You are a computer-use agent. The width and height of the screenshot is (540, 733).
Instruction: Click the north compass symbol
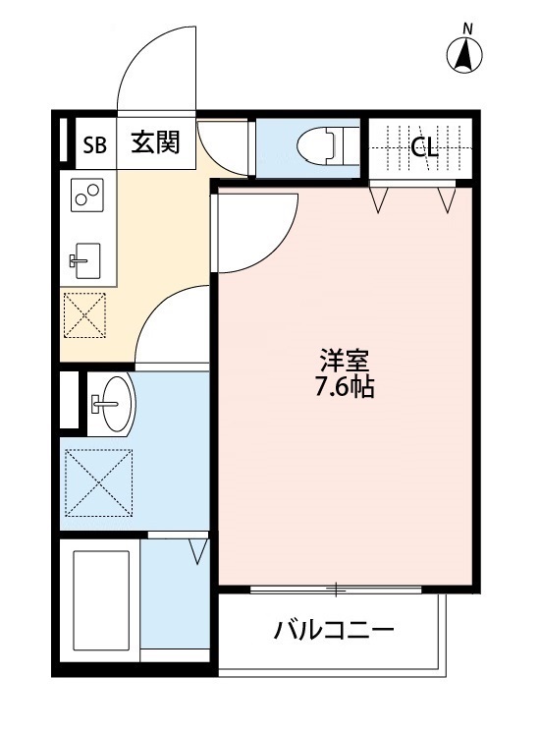465,55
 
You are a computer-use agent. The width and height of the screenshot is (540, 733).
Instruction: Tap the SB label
94,146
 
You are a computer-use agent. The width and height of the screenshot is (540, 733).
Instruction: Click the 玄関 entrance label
155,145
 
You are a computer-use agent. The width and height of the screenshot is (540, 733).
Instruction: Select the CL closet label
424,147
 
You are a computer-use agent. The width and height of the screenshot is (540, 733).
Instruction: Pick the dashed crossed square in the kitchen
86,316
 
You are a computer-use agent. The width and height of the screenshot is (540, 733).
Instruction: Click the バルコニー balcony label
334,629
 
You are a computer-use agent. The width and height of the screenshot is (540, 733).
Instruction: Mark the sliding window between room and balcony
334,590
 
